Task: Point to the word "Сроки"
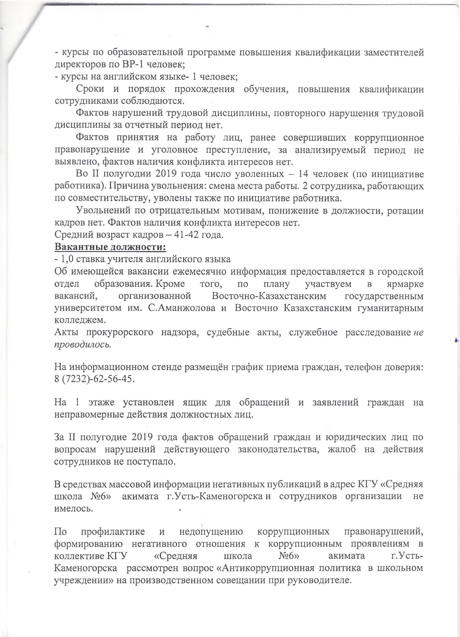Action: pos(90,89)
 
